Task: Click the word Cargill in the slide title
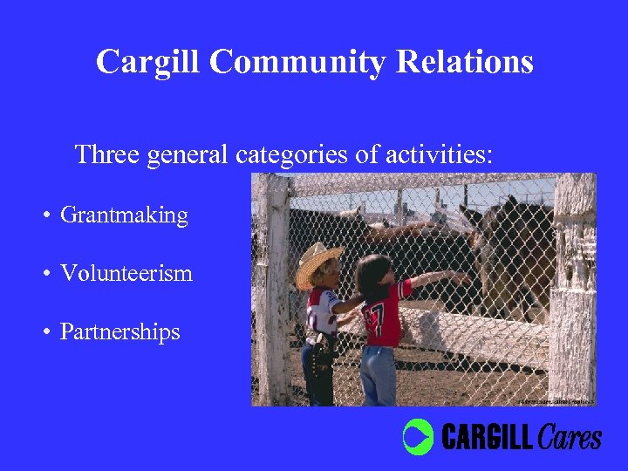pos(148,62)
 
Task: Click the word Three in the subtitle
pos(107,155)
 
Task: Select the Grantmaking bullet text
pos(124,215)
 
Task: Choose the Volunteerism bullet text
pos(126,274)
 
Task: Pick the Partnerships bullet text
pos(119,332)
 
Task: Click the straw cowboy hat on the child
pos(317,262)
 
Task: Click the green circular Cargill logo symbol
pos(418,436)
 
